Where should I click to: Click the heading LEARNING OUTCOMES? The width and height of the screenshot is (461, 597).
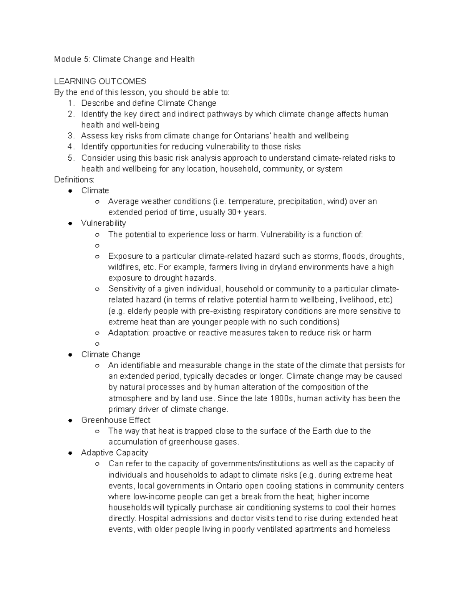[x=100, y=81]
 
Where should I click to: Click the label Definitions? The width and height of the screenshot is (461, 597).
[x=74, y=180]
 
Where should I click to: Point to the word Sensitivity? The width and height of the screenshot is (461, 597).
[x=126, y=289]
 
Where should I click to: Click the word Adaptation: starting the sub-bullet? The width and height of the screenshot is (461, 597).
[x=129, y=333]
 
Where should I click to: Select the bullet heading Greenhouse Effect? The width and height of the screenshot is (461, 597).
[x=116, y=420]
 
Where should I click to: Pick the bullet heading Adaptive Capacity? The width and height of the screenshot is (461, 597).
[x=114, y=453]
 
